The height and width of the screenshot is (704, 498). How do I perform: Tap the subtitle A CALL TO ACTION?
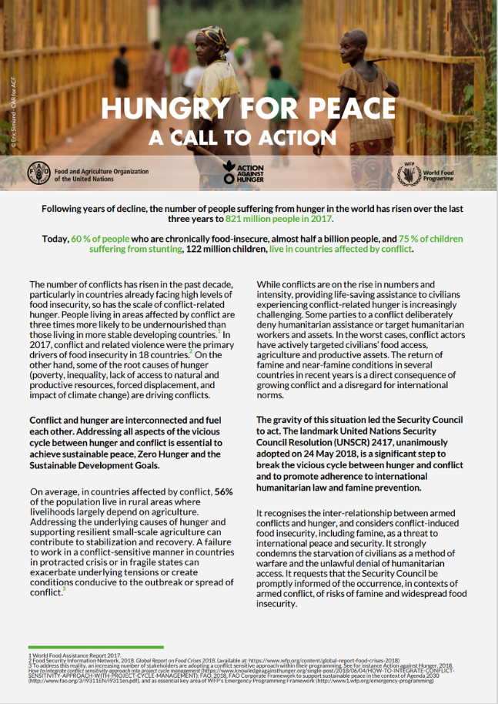(x=249, y=137)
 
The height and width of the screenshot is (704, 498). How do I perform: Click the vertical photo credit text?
(x=12, y=116)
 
